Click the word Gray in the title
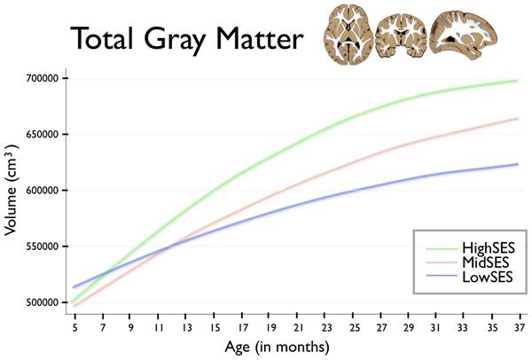click(175, 40)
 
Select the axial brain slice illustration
click(348, 35)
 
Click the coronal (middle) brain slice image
click(401, 36)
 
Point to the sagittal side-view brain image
click(463, 35)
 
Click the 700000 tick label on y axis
click(43, 79)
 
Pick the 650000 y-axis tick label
click(43, 135)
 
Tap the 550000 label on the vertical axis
click(43, 247)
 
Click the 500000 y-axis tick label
click(43, 302)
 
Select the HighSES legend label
click(489, 248)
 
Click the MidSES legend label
click(486, 262)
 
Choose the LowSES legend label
click(487, 277)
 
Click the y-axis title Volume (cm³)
click(11, 190)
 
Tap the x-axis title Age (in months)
click(277, 347)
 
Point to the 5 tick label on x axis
click(75, 328)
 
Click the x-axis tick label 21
click(298, 328)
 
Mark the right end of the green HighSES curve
click(518, 81)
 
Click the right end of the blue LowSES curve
click(518, 164)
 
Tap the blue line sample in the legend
click(442, 277)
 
